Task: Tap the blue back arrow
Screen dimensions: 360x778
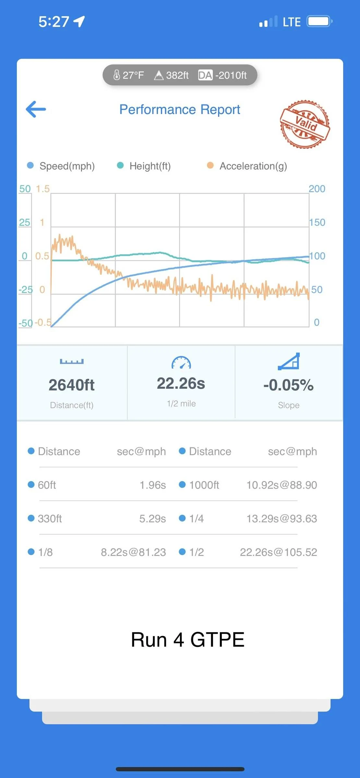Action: pyautogui.click(x=36, y=109)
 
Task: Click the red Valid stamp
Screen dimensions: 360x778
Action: pyautogui.click(x=305, y=124)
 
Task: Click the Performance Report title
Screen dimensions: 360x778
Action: pyautogui.click(x=180, y=110)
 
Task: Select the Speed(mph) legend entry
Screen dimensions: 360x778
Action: pyautogui.click(x=61, y=166)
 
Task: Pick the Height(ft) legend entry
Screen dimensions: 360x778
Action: pyautogui.click(x=144, y=166)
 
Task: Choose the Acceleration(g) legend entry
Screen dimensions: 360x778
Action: pyautogui.click(x=247, y=166)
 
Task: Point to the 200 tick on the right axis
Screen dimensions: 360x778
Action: pyautogui.click(x=317, y=189)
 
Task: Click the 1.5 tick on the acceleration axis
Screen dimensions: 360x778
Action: pyautogui.click(x=43, y=189)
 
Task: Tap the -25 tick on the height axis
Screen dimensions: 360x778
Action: pyautogui.click(x=26, y=289)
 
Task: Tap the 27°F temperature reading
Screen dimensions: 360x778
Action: pyautogui.click(x=129, y=75)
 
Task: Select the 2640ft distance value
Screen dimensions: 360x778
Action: pyautogui.click(x=72, y=385)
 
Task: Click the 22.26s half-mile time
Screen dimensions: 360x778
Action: pyautogui.click(x=181, y=383)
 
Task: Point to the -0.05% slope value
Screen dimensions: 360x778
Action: pyautogui.click(x=289, y=385)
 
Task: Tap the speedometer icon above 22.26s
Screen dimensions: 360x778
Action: pyautogui.click(x=181, y=362)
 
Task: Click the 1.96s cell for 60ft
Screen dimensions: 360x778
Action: pyautogui.click(x=153, y=485)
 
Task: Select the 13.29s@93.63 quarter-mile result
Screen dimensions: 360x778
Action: pyautogui.click(x=282, y=519)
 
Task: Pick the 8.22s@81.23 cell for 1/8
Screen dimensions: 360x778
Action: pyautogui.click(x=134, y=552)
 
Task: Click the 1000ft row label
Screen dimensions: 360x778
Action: pyautogui.click(x=204, y=485)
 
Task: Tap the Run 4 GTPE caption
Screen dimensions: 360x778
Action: pyautogui.click(x=187, y=640)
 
